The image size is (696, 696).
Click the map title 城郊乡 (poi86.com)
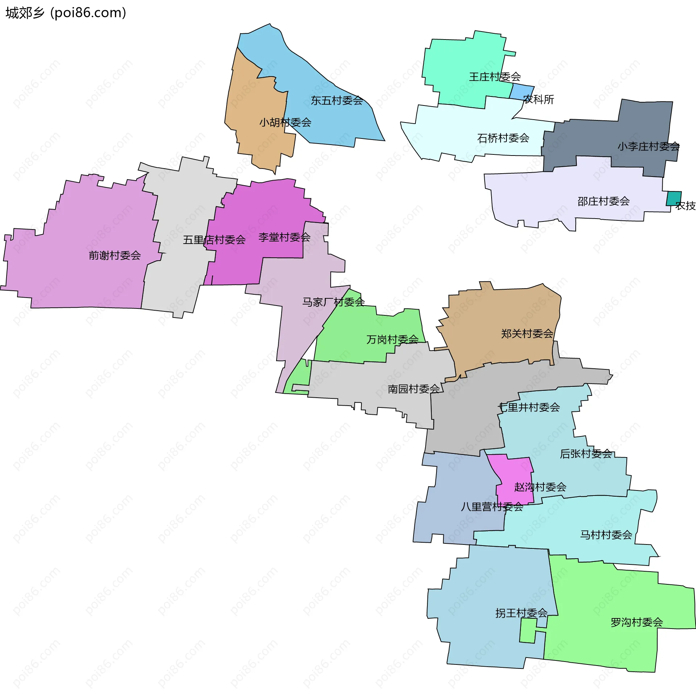pyautogui.click(x=66, y=13)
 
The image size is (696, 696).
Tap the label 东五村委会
pyautogui.click(x=337, y=100)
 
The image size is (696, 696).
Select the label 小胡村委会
pyautogui.click(x=285, y=123)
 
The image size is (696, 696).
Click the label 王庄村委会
pyautogui.click(x=495, y=77)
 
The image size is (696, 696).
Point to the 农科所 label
pyautogui.click(x=539, y=99)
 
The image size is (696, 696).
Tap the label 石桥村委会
pyautogui.click(x=503, y=138)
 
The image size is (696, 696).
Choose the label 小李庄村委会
pyautogui.click(x=649, y=146)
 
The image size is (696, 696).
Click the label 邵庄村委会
pyautogui.click(x=603, y=201)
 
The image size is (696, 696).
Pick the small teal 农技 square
pyautogui.click(x=674, y=198)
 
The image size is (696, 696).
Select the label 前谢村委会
pyautogui.click(x=115, y=256)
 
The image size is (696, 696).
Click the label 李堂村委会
pyautogui.click(x=284, y=237)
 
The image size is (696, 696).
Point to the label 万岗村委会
pyautogui.click(x=392, y=340)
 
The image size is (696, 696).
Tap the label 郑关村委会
pyautogui.click(x=527, y=334)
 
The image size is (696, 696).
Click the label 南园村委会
pyautogui.click(x=414, y=389)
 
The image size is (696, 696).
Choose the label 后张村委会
pyautogui.click(x=586, y=453)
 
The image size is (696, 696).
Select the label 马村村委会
pyautogui.click(x=606, y=535)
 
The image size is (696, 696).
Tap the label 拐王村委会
pyautogui.click(x=521, y=613)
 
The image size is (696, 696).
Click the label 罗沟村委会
pyautogui.click(x=637, y=622)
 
